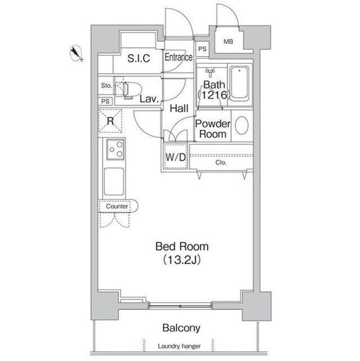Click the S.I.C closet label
139,58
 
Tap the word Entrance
179,57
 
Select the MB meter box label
228,42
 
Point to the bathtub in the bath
239,84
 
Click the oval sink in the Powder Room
242,126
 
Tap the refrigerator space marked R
110,121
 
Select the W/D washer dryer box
176,157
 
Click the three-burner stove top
115,149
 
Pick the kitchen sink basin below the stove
114,182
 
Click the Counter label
117,206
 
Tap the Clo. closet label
221,162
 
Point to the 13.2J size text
181,260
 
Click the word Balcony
181,328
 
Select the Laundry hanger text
179,346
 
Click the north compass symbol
76,54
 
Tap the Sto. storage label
106,86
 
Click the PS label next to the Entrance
202,49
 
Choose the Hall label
179,108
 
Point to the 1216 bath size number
214,95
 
